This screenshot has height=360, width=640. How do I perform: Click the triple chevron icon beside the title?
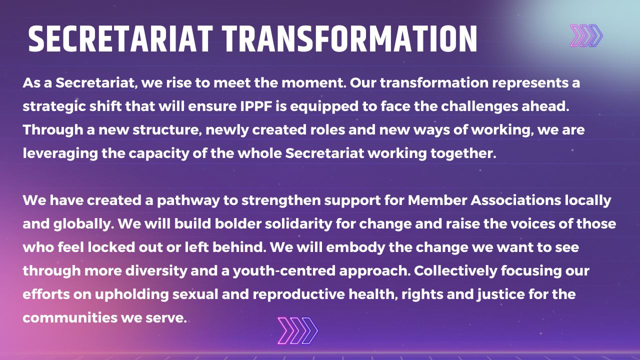tap(586, 35)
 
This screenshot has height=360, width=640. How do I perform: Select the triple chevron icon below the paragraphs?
tap(297, 330)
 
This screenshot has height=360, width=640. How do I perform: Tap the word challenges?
tap(479, 107)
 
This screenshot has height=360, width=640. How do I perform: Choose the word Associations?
tap(515, 200)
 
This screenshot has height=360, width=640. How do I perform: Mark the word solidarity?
tap(298, 224)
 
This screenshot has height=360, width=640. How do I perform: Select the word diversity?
tap(156, 271)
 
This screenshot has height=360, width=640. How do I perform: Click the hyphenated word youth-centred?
tap(284, 271)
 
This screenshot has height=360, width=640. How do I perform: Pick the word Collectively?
tap(455, 271)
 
